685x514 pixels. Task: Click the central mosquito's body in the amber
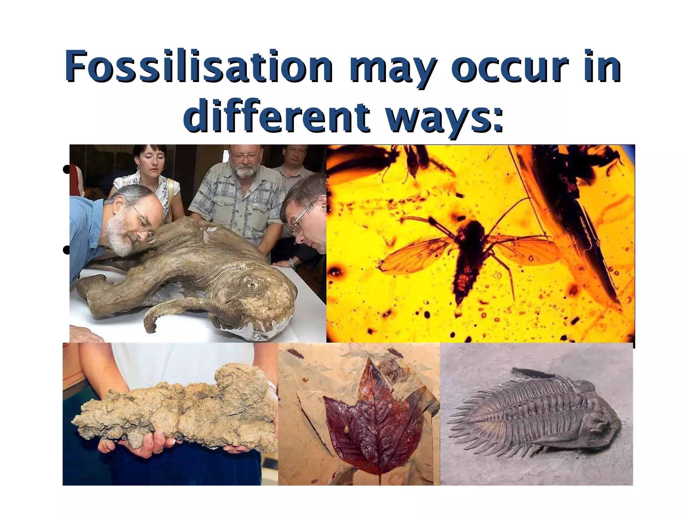pyautogui.click(x=468, y=258)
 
